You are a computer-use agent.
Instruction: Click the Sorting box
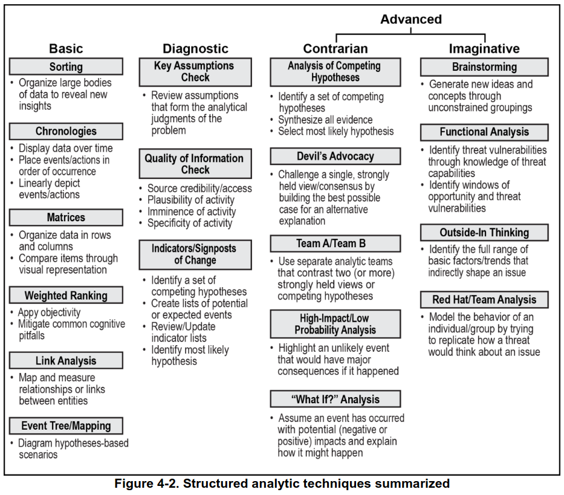click(x=66, y=66)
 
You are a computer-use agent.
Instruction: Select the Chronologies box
click(x=66, y=131)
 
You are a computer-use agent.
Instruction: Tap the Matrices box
click(x=66, y=218)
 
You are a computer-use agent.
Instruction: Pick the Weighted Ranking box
click(x=66, y=296)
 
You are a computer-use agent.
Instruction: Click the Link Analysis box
click(x=66, y=361)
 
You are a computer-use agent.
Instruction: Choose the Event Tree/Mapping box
click(x=66, y=425)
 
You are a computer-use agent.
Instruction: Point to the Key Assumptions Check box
click(x=195, y=72)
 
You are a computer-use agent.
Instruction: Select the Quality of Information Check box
click(x=195, y=164)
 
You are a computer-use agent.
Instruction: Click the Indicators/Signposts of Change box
click(x=195, y=254)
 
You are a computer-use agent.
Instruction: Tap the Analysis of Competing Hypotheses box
click(x=334, y=72)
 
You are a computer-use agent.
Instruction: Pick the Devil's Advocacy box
click(x=334, y=157)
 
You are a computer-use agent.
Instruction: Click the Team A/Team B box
click(x=334, y=244)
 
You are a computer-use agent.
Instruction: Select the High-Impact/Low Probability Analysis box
click(x=334, y=324)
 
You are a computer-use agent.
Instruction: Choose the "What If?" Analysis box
click(x=334, y=399)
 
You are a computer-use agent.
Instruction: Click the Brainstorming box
click(x=484, y=67)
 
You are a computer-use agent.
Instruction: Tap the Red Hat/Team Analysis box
click(x=484, y=300)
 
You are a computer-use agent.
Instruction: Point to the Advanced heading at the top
click(x=410, y=19)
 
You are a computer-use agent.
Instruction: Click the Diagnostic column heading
click(x=195, y=49)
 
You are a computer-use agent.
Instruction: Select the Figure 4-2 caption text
click(x=282, y=484)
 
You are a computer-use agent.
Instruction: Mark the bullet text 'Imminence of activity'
click(x=192, y=212)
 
